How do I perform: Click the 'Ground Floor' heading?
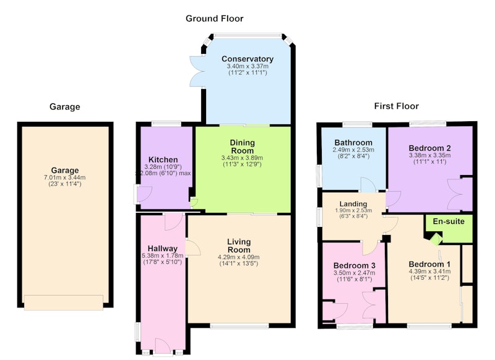click(214, 19)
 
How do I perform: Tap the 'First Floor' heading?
click(397, 106)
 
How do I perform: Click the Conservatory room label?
click(247, 59)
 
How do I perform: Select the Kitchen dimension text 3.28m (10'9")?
click(163, 167)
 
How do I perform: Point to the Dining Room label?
click(242, 147)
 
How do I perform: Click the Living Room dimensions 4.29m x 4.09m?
click(239, 257)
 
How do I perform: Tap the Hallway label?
click(163, 249)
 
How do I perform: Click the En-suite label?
click(449, 221)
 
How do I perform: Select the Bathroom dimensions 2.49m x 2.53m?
click(353, 150)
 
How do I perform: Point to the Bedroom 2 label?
click(429, 148)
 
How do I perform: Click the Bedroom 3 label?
click(354, 265)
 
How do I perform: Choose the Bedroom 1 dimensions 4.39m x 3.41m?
click(429, 272)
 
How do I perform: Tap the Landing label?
click(353, 204)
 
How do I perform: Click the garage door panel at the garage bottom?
click(64, 302)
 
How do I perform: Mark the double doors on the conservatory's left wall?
click(197, 71)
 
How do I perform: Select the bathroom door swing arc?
click(368, 184)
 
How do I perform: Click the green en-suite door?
click(436, 239)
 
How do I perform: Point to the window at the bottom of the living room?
click(239, 326)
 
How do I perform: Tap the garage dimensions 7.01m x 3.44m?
click(65, 178)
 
